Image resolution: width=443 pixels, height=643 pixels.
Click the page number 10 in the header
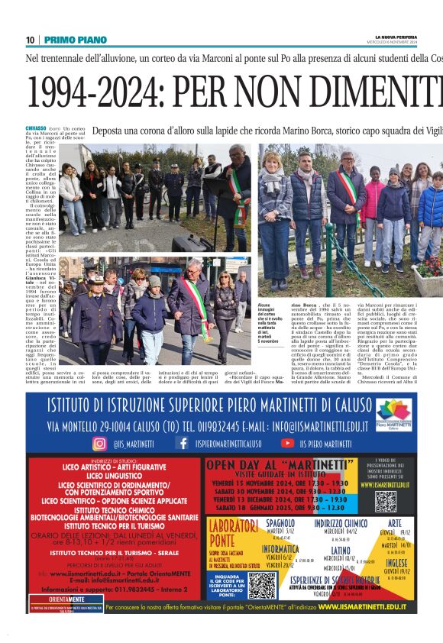coord(31,40)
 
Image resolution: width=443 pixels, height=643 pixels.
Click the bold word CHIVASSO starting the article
coord(36,128)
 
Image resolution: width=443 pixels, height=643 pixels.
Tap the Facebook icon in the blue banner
coord(183,443)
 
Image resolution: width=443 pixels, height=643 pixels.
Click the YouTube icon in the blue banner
coord(287,443)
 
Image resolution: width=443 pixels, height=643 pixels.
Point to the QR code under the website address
coord(386,501)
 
